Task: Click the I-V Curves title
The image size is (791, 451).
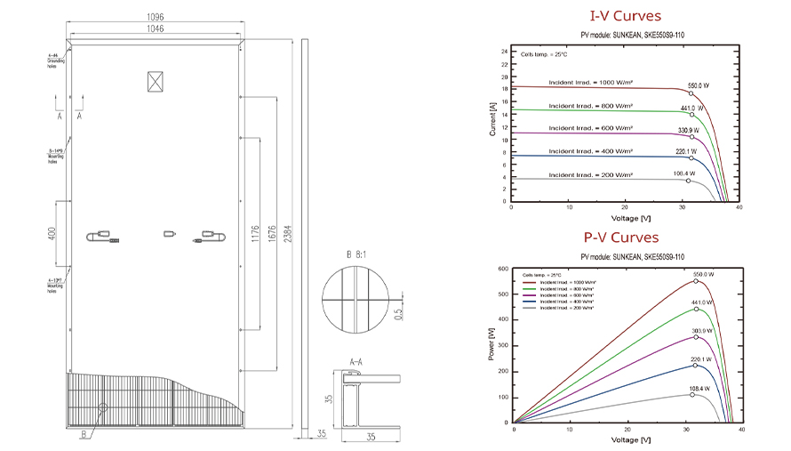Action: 626,16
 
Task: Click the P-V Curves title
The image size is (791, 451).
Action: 621,238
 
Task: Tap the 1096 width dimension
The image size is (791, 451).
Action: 156,15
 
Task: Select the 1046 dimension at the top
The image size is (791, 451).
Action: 156,29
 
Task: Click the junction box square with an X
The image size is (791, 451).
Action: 156,81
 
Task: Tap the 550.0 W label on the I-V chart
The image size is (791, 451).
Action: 699,85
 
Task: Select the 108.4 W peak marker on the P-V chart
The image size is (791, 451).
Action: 692,394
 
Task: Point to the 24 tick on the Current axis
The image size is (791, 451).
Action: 503,52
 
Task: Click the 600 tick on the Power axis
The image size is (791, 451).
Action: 503,269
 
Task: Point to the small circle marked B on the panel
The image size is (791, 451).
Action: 102,409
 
